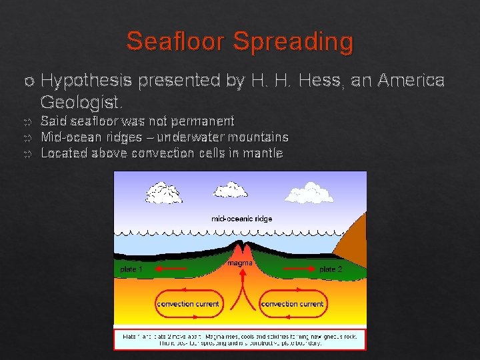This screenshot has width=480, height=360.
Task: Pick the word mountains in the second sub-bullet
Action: click(259, 137)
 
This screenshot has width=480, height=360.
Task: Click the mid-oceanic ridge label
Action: click(241, 218)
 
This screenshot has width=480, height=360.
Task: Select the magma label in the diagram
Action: click(239, 263)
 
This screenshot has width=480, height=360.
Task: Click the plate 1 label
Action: click(131, 269)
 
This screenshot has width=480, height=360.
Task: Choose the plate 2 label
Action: click(331, 269)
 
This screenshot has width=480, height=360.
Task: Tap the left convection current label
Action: click(188, 304)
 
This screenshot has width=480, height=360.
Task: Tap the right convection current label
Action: click(293, 304)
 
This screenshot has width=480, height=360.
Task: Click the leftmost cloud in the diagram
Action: click(163, 193)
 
